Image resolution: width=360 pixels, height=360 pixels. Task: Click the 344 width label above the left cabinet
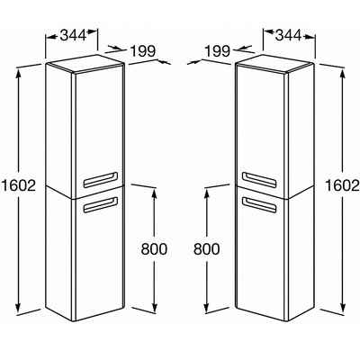73,35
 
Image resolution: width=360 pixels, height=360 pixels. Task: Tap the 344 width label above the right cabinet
288,35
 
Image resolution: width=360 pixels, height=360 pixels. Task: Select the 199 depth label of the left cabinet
143,51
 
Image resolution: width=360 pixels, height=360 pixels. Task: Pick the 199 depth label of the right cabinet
217,51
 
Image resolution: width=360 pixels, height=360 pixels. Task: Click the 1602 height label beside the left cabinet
19,186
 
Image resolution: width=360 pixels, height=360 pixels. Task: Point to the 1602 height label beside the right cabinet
342,186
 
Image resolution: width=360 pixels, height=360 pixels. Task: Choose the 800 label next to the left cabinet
154,249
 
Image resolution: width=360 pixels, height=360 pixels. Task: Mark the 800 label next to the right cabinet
206,249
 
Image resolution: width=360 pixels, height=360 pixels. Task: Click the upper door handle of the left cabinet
100,179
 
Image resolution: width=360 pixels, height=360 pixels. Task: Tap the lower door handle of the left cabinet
100,205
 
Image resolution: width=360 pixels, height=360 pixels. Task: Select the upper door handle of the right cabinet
258,179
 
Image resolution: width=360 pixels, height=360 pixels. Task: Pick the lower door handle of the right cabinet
258,205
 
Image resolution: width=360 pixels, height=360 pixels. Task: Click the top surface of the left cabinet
85,64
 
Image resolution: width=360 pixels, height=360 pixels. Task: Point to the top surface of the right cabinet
274,64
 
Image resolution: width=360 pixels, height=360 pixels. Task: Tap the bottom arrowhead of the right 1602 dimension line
343,307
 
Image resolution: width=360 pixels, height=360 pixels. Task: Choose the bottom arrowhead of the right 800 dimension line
206,307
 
